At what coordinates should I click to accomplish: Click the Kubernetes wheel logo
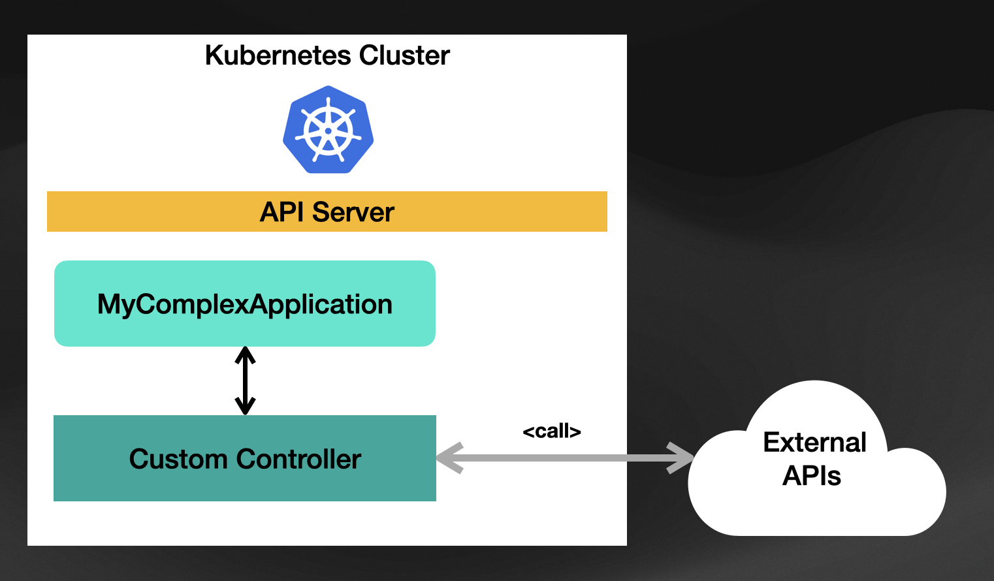click(328, 129)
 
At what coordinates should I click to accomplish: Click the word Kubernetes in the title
click(279, 55)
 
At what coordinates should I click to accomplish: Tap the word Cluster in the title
click(404, 55)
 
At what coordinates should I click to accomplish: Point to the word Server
click(353, 212)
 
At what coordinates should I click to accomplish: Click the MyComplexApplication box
click(245, 304)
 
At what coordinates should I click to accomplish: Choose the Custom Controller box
click(245, 458)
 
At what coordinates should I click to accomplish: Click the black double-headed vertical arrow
click(245, 381)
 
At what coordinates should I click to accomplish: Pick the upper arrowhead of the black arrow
click(245, 355)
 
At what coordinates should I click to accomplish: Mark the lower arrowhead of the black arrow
click(245, 406)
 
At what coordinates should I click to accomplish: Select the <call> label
click(552, 431)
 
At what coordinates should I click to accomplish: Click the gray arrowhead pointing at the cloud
click(681, 458)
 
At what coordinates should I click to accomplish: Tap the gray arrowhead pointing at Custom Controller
click(449, 458)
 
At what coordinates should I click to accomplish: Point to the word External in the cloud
click(814, 442)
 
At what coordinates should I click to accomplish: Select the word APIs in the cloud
click(812, 476)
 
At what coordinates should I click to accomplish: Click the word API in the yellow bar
click(282, 212)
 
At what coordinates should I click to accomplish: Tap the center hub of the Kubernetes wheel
click(328, 131)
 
